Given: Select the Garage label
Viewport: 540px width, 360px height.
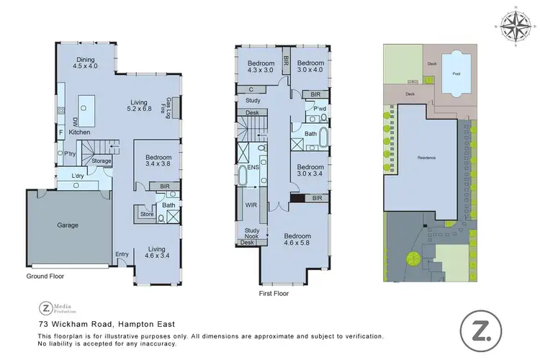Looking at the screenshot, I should click(x=68, y=225).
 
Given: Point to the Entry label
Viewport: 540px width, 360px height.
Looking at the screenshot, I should click(x=122, y=253).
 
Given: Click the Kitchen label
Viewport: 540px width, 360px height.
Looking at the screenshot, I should click(x=78, y=133).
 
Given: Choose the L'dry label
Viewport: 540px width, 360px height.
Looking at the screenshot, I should click(x=78, y=176).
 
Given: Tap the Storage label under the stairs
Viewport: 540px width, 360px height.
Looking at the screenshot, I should click(x=102, y=161).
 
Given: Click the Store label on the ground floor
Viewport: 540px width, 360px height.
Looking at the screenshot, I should click(x=148, y=213).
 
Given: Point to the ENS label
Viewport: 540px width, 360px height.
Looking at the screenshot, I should click(x=253, y=167).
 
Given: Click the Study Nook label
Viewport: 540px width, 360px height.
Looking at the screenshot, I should click(x=252, y=233).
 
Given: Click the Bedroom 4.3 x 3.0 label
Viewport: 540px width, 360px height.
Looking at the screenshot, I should click(x=260, y=66).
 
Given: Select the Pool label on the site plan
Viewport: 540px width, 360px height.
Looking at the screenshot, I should click(x=456, y=73).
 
